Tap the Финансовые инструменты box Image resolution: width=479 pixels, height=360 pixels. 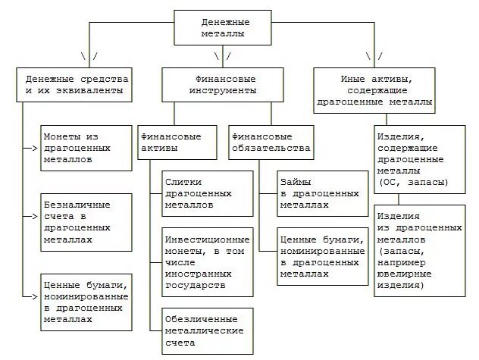[221, 84]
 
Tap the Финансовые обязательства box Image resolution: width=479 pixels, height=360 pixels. [271, 142]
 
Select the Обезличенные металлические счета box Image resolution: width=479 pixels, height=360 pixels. [207, 330]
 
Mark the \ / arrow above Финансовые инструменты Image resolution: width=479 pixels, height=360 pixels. [221, 57]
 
